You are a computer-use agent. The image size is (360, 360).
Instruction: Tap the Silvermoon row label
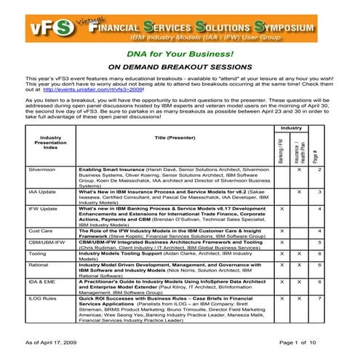tap(41, 169)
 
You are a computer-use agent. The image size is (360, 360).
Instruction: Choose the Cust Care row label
tap(37, 230)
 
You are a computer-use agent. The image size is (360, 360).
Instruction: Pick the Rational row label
tap(38, 265)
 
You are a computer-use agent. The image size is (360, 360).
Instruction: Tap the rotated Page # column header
tap(319, 155)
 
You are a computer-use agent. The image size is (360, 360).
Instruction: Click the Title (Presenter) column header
tap(175, 137)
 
